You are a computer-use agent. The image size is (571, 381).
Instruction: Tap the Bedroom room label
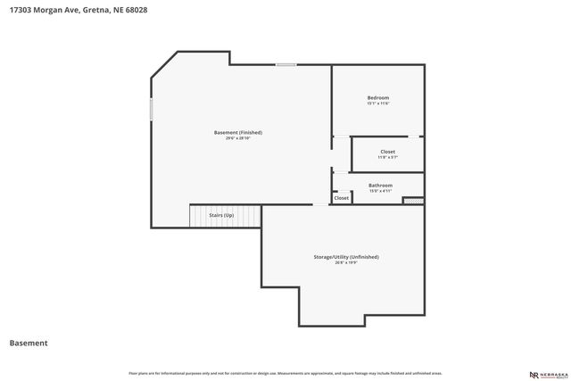378,97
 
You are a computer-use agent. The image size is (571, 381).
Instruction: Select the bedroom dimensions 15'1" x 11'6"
378,104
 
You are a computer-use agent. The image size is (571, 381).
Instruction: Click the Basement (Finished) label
238,132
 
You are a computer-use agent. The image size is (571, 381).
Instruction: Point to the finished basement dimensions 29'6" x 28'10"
238,138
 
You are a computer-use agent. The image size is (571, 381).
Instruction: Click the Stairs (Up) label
221,216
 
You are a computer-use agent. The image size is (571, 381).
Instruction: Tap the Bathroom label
380,185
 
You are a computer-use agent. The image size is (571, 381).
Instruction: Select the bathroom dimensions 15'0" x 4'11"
380,191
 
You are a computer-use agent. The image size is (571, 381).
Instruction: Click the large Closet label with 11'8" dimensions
387,152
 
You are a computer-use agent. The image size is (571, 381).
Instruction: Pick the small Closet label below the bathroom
342,198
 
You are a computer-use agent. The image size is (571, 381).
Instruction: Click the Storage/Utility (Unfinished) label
345,256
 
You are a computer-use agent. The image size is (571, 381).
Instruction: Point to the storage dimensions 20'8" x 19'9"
345,262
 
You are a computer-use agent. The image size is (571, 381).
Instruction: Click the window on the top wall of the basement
286,64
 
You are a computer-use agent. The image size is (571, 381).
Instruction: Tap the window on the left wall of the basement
151,109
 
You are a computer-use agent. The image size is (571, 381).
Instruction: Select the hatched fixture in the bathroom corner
413,201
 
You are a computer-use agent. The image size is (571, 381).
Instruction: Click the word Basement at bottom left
28,343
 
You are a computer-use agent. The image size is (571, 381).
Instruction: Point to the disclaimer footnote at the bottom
285,373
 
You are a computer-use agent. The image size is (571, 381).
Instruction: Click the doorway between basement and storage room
320,204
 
